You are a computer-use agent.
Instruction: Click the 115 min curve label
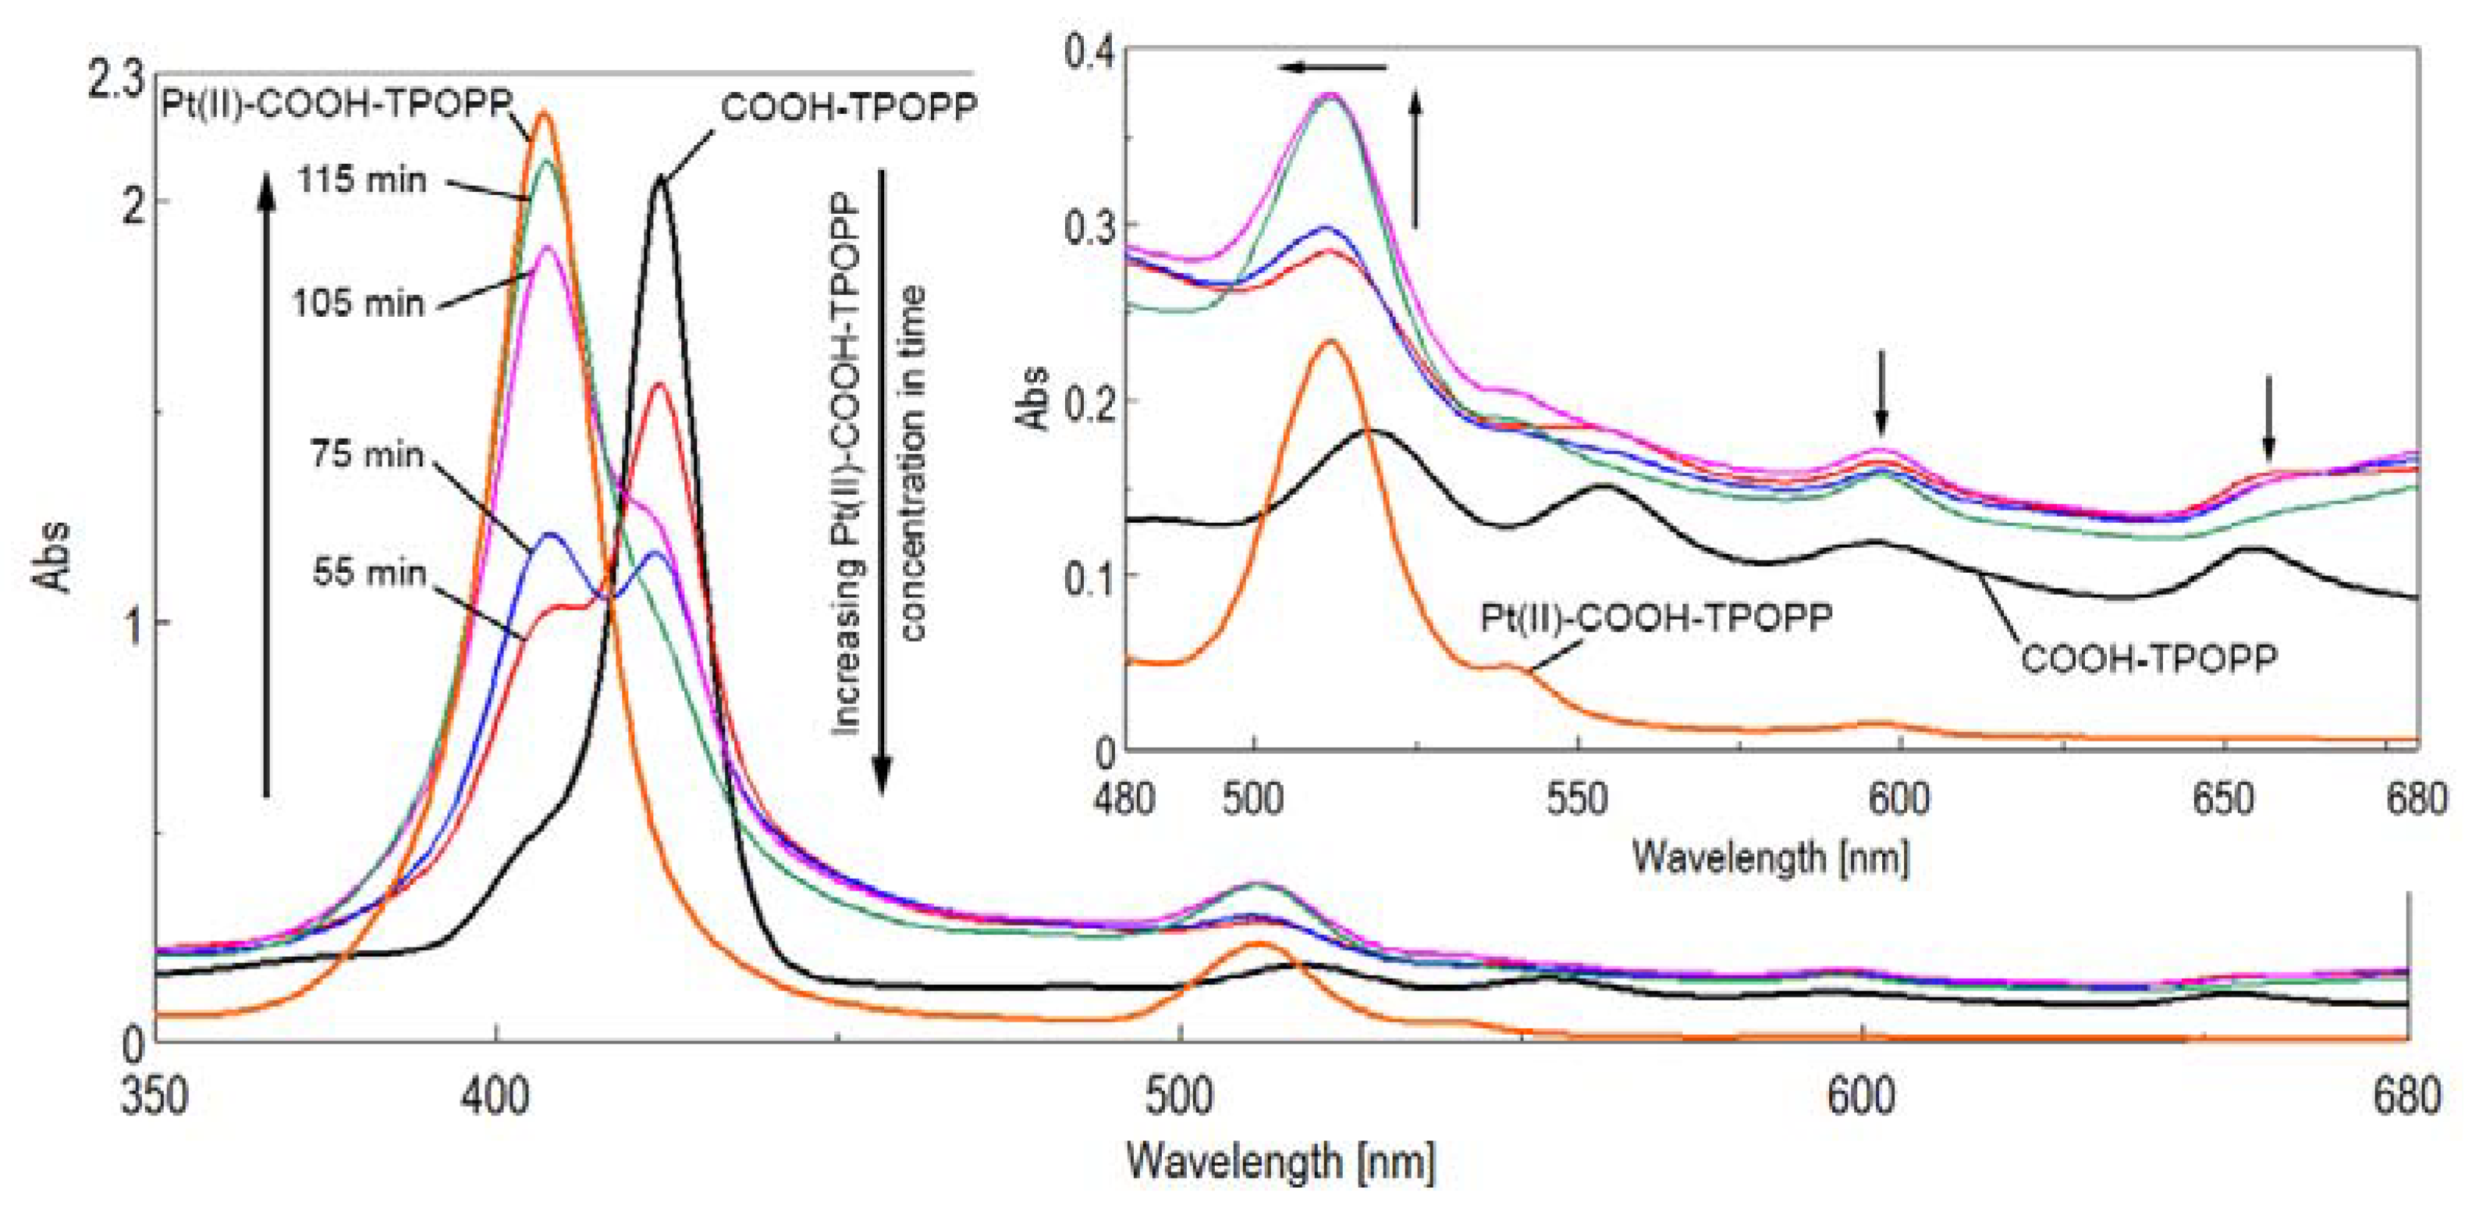(x=360, y=180)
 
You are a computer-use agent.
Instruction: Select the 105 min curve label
(x=358, y=304)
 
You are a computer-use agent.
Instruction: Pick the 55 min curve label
(x=368, y=573)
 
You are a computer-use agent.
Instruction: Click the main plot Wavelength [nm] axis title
(x=1281, y=1161)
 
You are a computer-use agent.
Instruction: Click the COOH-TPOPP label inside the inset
(x=2150, y=660)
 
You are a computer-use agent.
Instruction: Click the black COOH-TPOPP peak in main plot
(x=660, y=179)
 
